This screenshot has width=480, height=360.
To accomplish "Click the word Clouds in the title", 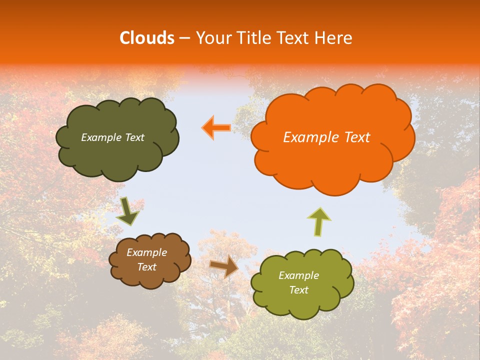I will coord(147,38).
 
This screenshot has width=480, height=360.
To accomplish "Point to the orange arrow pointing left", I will coord(216,127).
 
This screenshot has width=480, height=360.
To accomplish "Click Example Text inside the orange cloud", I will coord(326,137).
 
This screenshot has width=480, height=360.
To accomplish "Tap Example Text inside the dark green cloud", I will coord(112,137).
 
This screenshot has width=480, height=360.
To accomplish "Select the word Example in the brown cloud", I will coord(146,252).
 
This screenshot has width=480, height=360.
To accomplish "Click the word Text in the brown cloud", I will coord(146,267).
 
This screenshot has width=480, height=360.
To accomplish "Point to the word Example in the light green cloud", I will coord(298,275).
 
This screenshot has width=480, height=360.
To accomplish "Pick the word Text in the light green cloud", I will coord(298,290).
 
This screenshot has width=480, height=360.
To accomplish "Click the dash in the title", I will coord(184,38).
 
